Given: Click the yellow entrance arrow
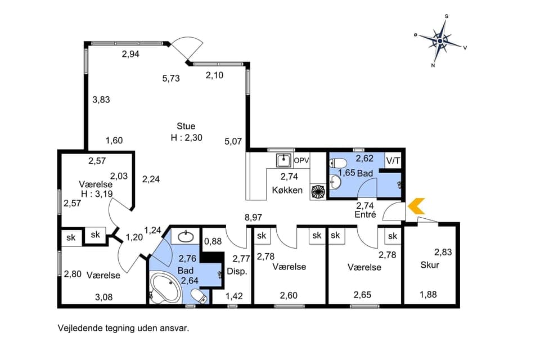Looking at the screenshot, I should (x=416, y=206).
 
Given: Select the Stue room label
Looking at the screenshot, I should (x=186, y=126).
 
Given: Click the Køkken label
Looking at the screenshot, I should (x=287, y=190).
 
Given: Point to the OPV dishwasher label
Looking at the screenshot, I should (x=301, y=160).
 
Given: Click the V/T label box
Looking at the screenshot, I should (x=394, y=160).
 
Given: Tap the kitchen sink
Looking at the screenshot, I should (x=284, y=160).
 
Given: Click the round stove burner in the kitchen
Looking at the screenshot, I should (x=318, y=191).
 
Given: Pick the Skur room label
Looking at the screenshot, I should (x=430, y=265).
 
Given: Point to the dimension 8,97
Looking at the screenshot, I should (x=254, y=217).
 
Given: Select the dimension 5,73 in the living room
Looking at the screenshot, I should (x=171, y=79).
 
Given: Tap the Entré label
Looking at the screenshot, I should (x=364, y=215).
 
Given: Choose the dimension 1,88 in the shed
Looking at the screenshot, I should (x=429, y=294).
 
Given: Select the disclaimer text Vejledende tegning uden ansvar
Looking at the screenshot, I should (x=123, y=327).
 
